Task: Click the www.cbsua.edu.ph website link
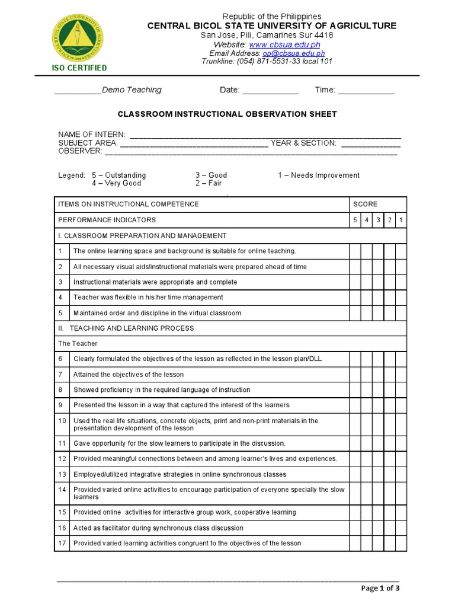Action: (x=284, y=45)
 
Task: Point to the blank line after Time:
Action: (x=366, y=91)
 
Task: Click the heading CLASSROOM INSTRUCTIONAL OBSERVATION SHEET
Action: (x=227, y=114)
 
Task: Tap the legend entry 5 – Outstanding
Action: (x=118, y=175)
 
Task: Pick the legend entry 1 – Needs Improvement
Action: (x=319, y=175)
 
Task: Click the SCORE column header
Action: (x=365, y=205)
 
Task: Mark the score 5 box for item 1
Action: (x=354, y=251)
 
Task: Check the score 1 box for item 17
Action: (x=401, y=544)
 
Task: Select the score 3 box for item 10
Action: (x=378, y=424)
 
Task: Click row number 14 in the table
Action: (x=62, y=494)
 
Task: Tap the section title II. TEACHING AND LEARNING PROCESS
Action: (x=126, y=328)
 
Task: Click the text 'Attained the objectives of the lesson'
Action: (x=129, y=375)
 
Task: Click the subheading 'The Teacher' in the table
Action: (x=78, y=344)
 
